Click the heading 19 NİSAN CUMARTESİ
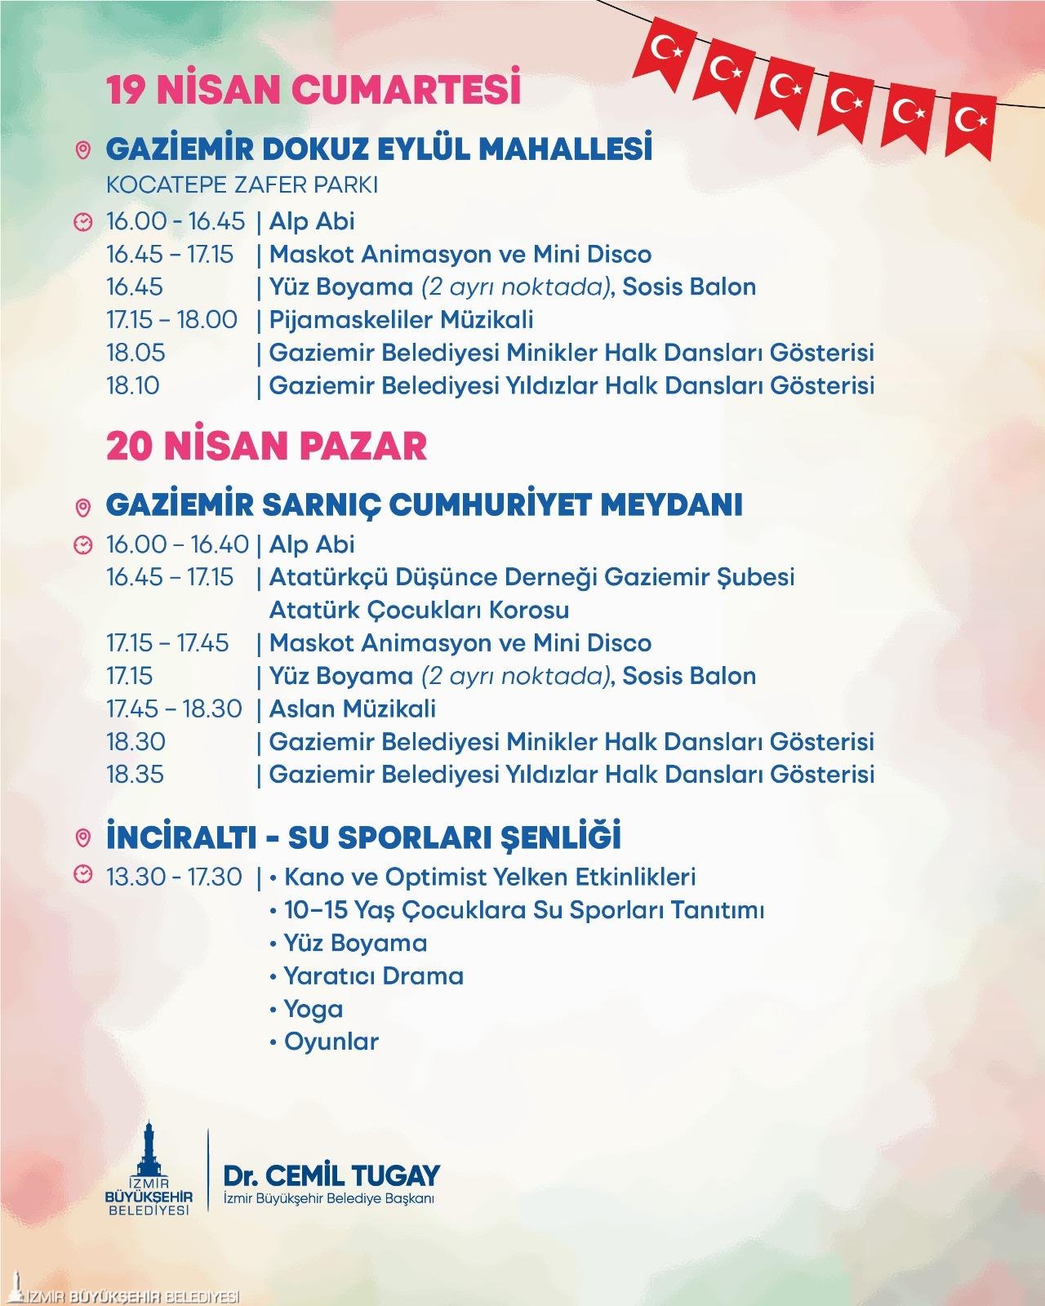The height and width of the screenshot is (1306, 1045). [x=313, y=91]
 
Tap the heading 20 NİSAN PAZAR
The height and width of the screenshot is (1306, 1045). [x=267, y=446]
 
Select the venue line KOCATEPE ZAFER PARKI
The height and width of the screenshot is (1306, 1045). [x=242, y=185]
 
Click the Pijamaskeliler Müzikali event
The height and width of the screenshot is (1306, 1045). [x=401, y=319]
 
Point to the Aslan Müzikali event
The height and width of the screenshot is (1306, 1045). [x=352, y=709]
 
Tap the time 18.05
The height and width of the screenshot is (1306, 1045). [x=136, y=353]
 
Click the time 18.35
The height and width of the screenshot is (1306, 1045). [x=136, y=774]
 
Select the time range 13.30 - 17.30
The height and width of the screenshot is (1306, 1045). [x=174, y=877]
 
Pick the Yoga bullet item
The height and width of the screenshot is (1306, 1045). [x=313, y=1009]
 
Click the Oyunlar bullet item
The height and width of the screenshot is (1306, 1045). [x=331, y=1042]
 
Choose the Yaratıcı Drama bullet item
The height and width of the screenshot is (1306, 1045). [x=373, y=976]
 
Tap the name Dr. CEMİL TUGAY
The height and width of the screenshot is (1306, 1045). [x=331, y=1175]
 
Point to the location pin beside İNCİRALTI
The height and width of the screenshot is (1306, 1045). [x=82, y=838]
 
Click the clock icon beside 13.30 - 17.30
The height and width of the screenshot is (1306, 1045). [x=82, y=875]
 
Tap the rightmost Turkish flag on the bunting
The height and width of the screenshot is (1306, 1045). [x=972, y=122]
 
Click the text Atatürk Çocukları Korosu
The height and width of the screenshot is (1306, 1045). [x=419, y=611]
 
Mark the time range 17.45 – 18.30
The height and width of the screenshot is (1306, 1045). [x=174, y=709]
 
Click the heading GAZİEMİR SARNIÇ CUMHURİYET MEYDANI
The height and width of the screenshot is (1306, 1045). [x=424, y=504]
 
